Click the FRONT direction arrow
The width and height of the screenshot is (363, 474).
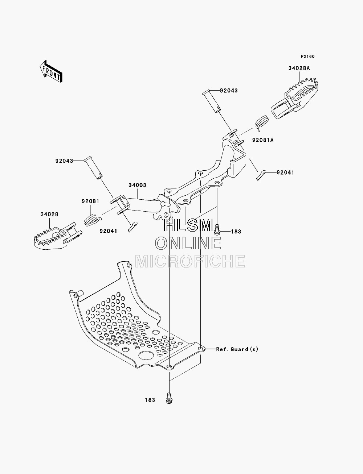(x=51, y=71)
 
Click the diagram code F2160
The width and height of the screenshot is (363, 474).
(x=307, y=57)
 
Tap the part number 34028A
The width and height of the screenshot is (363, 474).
(x=299, y=68)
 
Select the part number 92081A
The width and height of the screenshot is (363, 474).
(x=263, y=140)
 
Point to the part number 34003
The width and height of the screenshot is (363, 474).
(x=137, y=185)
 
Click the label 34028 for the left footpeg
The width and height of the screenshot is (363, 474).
(x=49, y=214)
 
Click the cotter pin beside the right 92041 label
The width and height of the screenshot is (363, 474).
(x=261, y=175)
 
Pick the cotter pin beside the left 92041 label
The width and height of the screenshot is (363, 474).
(x=132, y=227)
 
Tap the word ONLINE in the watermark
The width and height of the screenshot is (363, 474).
(x=188, y=243)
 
